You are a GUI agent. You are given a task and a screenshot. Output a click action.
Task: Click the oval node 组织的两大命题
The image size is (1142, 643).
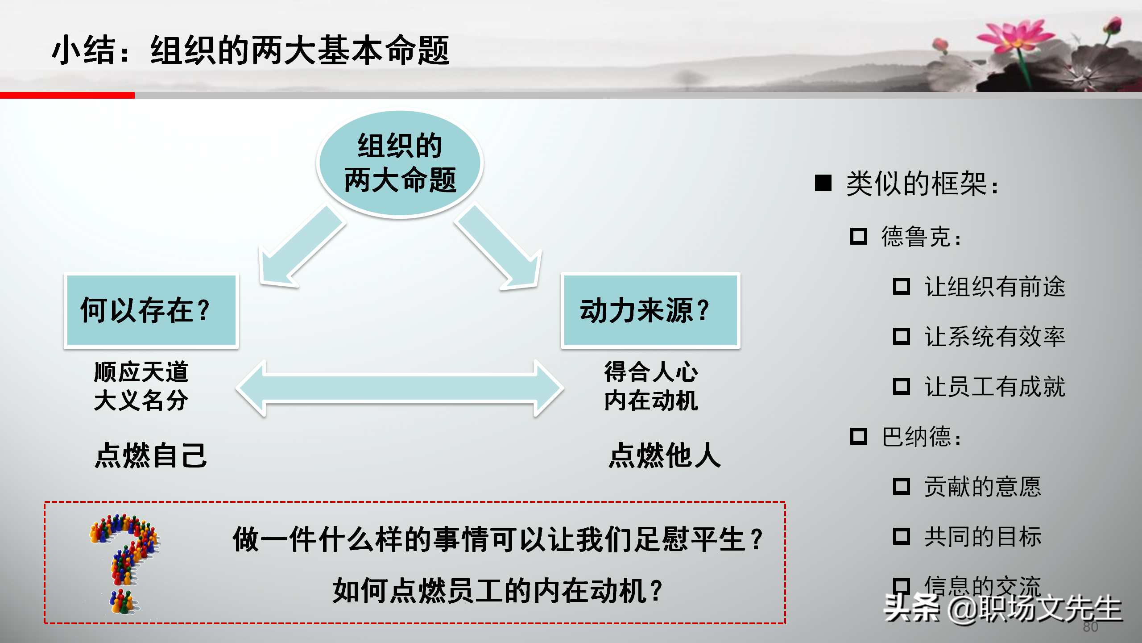click(400, 163)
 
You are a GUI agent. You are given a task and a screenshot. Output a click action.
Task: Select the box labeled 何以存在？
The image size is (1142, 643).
click(151, 310)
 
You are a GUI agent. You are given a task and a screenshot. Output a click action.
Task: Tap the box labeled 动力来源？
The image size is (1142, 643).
click(650, 310)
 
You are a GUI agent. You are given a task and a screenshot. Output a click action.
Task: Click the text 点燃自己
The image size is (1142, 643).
click(151, 456)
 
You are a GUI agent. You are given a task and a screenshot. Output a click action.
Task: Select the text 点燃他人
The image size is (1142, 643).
click(665, 456)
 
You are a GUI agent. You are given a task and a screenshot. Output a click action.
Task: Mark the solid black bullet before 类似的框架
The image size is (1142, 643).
click(823, 183)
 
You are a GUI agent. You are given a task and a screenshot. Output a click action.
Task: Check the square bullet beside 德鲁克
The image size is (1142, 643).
click(859, 236)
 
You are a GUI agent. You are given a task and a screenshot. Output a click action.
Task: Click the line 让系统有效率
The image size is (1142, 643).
click(995, 337)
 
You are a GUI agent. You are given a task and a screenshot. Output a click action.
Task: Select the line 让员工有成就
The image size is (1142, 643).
click(995, 387)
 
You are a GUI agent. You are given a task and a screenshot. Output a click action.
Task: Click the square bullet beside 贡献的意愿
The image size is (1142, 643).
click(902, 486)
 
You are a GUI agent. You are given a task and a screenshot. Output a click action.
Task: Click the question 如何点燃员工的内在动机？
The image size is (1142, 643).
click(498, 590)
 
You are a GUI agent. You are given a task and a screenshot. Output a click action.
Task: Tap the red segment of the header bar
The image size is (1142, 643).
click(67, 95)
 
